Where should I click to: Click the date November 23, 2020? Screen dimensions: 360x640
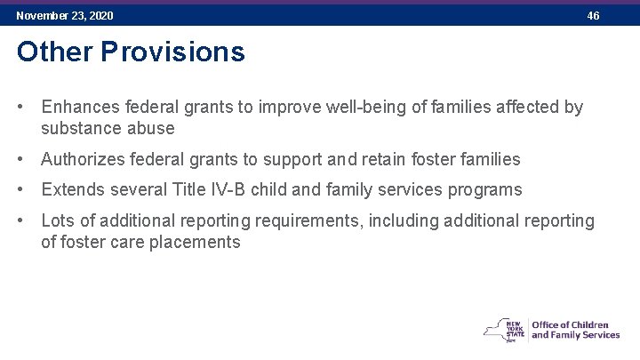point(65,16)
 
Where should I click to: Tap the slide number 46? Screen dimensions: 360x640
point(593,16)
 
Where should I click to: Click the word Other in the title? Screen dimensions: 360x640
point(54,52)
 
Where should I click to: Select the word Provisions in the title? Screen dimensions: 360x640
point(172,52)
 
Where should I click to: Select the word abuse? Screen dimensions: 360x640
point(154,128)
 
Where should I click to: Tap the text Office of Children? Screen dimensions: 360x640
point(569,324)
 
